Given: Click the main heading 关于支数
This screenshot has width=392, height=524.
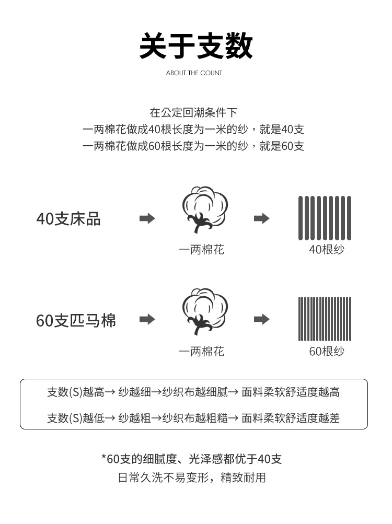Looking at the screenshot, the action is pos(195,46).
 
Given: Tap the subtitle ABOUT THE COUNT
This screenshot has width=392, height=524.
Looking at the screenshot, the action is pos(194,73).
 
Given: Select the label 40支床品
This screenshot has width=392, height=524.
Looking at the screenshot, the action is pos(68,219).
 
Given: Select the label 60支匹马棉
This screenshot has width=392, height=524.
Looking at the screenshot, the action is pos(76,320).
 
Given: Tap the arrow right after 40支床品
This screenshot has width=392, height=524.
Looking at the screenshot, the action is pos(147,218).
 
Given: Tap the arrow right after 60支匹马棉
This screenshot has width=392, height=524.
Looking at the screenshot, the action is pos(147,319).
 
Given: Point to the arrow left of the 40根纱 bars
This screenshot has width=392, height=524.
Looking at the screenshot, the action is pos(261,218).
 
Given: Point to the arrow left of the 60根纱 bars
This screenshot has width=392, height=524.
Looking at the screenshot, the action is pos(261,319).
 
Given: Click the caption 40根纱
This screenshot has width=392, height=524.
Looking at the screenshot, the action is pos(327,249).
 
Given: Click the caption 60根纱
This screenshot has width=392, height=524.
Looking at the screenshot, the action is pos(327,351).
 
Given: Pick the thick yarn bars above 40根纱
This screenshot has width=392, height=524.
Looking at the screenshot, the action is pos(325,218).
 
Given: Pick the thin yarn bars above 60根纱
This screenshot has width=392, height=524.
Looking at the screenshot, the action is pos(325,319).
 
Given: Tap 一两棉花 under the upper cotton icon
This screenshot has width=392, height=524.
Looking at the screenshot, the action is pos(201,250).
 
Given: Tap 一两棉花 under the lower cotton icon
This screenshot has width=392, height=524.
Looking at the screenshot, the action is pos(201,351).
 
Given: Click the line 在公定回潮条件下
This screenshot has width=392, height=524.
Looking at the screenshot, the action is pos(193,113).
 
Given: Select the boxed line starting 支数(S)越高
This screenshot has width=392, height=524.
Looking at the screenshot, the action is pos(193,392).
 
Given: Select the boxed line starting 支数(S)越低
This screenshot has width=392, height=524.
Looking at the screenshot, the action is pos(193,418).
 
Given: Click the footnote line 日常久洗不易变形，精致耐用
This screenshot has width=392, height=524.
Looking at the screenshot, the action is pos(192,478).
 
